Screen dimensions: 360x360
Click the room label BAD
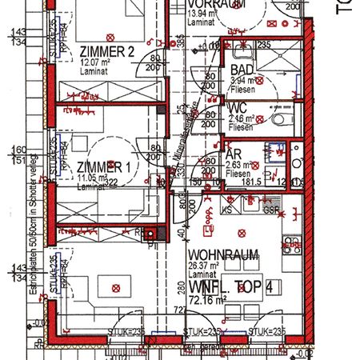click(x=242, y=70)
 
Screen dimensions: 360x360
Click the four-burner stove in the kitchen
click(x=291, y=239)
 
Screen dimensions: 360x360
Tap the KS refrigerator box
click(x=228, y=209)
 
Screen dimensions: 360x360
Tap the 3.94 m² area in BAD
click(x=242, y=81)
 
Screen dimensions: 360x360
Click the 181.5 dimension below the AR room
click(x=252, y=183)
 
